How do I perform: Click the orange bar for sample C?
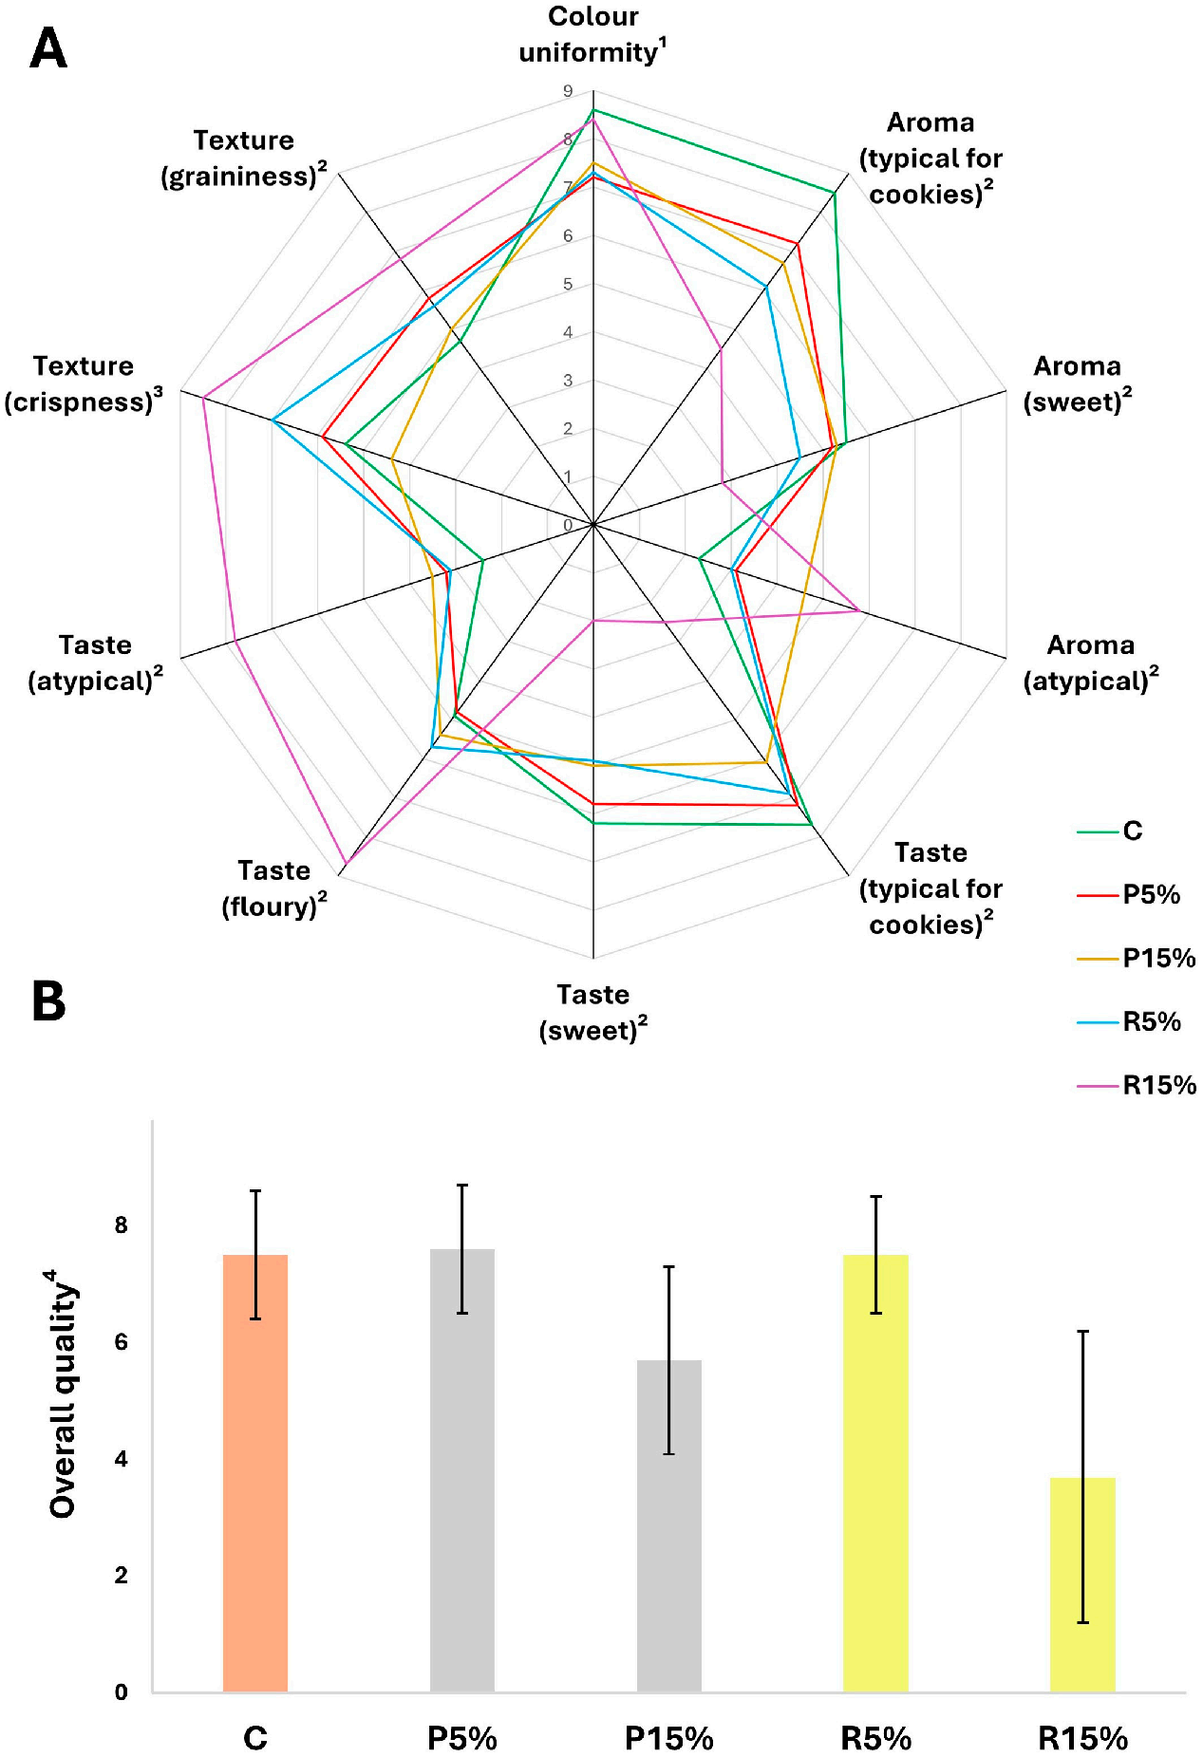coord(255,1473)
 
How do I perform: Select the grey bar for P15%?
coord(669,1526)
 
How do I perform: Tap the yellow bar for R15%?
coord(1082,1584)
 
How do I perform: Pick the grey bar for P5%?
coord(462,1470)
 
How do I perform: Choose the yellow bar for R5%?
coord(875,1473)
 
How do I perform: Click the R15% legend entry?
coord(1137,1085)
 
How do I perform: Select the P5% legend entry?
coord(1129,894)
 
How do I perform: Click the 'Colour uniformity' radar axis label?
coord(593,34)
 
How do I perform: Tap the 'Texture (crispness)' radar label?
coord(84,383)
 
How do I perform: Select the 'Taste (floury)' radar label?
coord(274,888)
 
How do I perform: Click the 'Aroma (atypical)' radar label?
coord(1091,663)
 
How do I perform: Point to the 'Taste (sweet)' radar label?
coord(593,1013)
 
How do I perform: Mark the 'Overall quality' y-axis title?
coord(64,1393)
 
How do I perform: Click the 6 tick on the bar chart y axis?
coord(121,1342)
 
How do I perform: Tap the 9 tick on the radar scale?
coord(568,91)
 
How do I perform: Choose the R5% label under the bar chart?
coord(876,1738)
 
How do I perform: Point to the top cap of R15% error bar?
coord(1082,1332)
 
